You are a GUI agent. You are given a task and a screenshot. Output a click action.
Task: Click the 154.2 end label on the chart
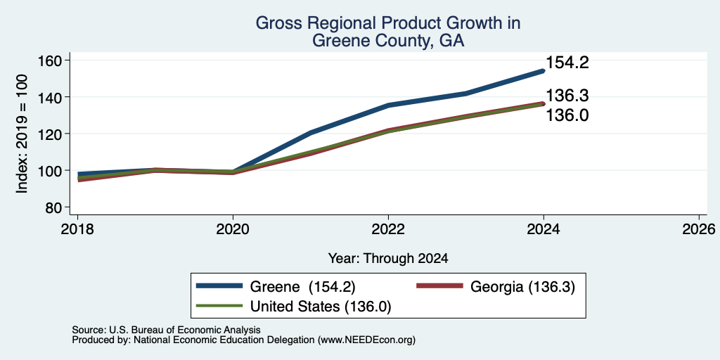(x=567, y=63)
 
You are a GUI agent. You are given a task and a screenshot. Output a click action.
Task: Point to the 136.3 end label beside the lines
(x=567, y=96)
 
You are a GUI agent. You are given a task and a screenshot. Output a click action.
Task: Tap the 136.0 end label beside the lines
(x=567, y=115)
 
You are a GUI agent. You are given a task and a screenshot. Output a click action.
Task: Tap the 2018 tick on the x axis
(x=77, y=229)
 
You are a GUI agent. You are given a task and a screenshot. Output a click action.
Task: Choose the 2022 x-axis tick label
(x=388, y=229)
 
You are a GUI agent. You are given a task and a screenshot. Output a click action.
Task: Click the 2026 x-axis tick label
(x=699, y=229)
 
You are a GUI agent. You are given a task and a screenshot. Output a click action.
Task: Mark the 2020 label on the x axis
(x=233, y=229)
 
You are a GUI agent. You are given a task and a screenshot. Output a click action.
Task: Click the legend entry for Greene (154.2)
(x=276, y=287)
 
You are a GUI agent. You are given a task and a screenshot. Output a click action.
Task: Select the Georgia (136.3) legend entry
(x=495, y=287)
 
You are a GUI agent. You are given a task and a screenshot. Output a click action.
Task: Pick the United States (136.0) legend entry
(x=294, y=306)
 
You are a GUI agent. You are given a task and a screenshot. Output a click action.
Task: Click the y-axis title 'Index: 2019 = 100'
(x=22, y=134)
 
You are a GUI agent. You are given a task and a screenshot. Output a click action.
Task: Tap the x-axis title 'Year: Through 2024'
(x=388, y=259)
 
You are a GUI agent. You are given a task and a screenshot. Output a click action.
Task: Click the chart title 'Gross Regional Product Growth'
(x=388, y=23)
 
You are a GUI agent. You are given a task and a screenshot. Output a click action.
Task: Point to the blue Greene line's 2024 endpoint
(x=544, y=71)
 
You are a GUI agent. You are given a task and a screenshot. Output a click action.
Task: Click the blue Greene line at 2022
(x=388, y=105)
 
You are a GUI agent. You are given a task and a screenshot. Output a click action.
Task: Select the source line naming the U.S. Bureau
(x=166, y=330)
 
